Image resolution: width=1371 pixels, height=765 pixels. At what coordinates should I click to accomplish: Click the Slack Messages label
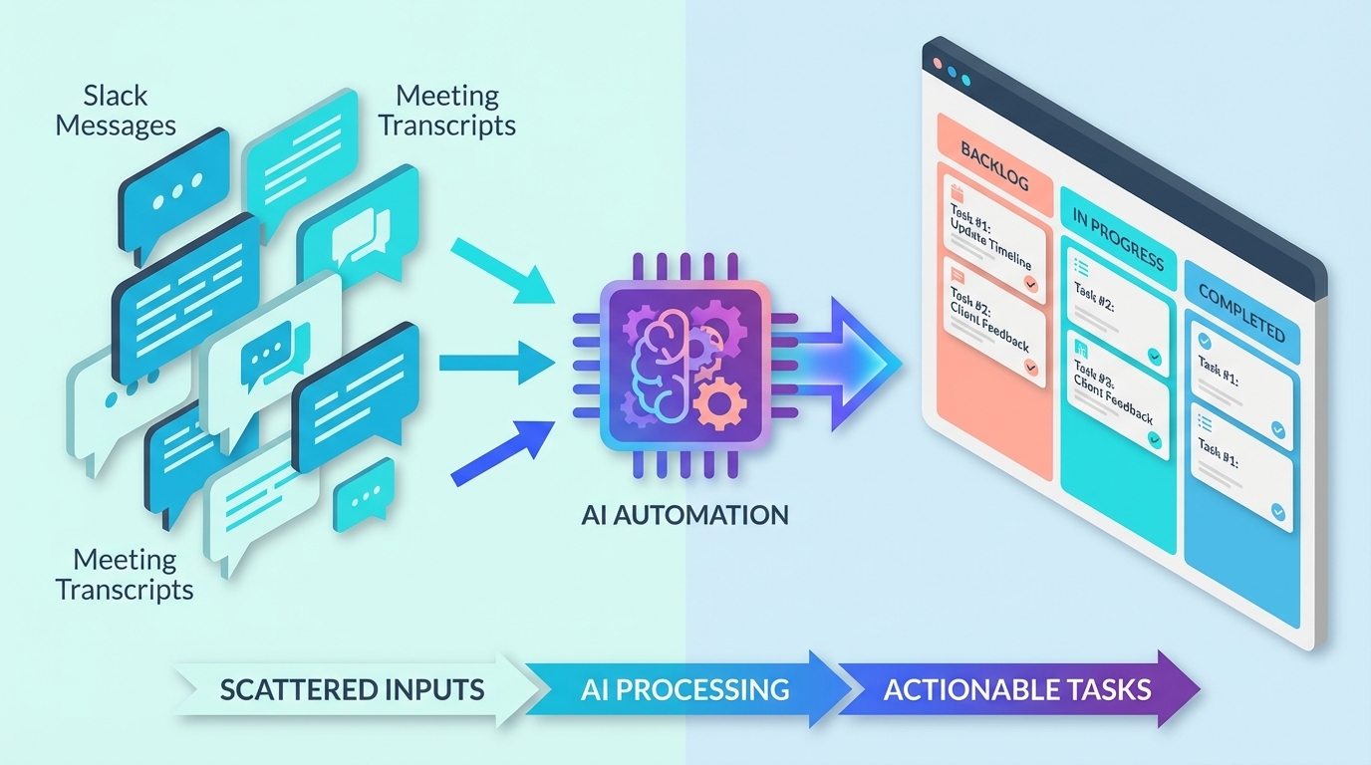pos(115,111)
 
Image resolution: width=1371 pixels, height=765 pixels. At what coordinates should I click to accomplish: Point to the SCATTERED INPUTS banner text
pos(352,688)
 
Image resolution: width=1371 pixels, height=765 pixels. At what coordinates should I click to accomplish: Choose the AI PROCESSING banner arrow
pos(685,688)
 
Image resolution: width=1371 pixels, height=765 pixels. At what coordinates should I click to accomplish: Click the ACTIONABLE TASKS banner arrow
pos(1016,688)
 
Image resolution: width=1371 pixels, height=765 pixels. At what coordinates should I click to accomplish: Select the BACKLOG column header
pos(992,166)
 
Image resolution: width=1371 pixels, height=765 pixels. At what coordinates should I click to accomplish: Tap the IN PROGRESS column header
pos(1118,240)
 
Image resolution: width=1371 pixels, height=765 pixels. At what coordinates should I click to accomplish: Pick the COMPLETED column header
pos(1241,312)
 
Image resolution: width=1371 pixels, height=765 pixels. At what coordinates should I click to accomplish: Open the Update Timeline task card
pos(993,239)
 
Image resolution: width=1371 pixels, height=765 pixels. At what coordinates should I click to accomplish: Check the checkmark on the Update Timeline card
pos(1031,284)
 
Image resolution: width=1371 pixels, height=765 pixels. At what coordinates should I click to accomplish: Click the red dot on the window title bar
pos(937,63)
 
